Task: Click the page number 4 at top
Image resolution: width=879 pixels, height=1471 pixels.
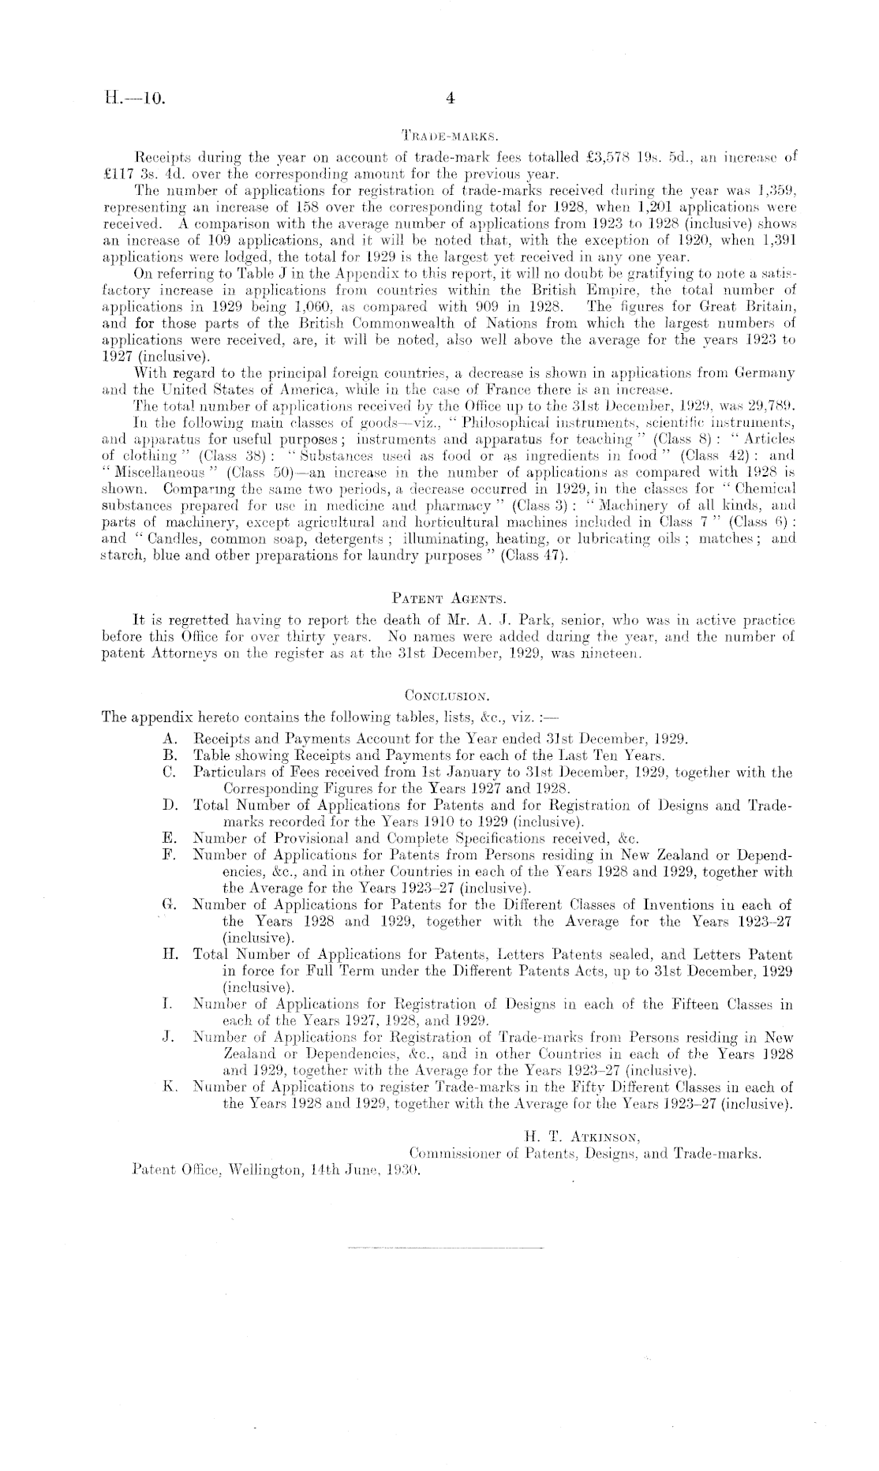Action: [451, 99]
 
